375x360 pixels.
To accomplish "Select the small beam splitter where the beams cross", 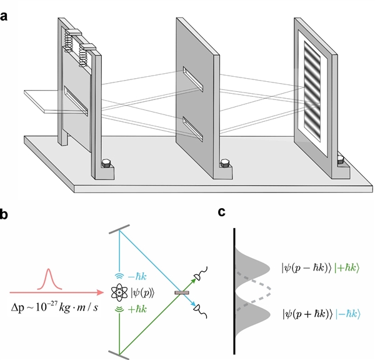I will point(182,292).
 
